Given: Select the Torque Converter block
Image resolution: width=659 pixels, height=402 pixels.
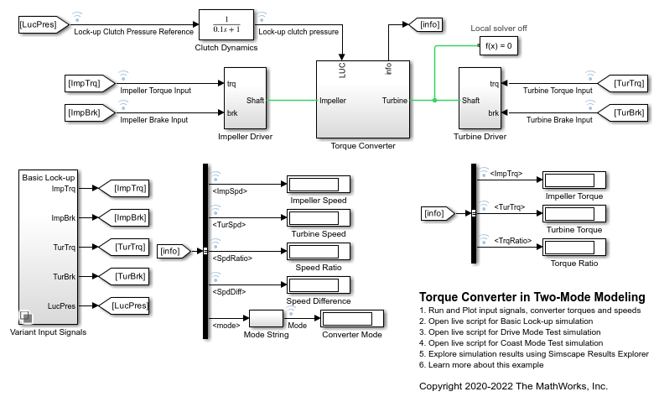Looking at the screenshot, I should tap(362, 99).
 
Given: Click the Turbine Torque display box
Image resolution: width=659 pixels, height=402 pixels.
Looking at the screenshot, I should tap(573, 214).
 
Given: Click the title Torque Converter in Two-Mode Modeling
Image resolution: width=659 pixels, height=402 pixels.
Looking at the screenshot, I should tap(532, 297).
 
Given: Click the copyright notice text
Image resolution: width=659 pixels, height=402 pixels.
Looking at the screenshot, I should tap(513, 386).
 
